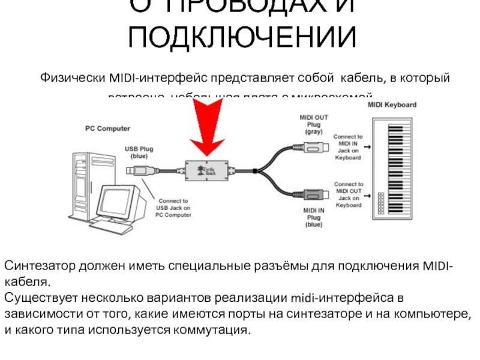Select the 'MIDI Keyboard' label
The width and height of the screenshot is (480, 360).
click(x=391, y=104)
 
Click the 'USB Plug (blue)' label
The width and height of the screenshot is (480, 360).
click(x=139, y=151)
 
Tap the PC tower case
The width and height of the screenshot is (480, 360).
click(x=81, y=180)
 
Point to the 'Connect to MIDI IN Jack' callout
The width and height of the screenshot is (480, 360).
click(x=348, y=147)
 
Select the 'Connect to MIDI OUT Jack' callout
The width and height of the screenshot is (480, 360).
click(x=348, y=194)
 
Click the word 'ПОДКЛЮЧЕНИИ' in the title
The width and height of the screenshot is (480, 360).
click(x=243, y=37)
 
